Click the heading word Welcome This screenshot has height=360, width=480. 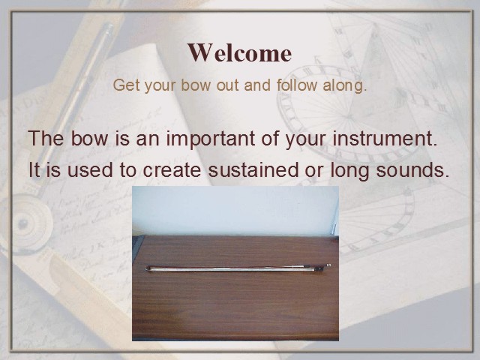point(239,52)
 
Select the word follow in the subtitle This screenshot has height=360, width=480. point(296,85)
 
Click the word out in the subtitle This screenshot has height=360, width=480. point(228,85)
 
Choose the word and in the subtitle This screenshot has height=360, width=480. point(257,85)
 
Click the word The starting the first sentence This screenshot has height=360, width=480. point(46,138)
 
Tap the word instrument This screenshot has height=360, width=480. point(385,138)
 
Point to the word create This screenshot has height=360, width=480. point(172,170)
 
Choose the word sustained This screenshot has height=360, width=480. point(253,170)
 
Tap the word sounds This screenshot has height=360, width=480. point(412,170)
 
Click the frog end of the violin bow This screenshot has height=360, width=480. point(322,267)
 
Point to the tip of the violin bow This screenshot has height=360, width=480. point(147,268)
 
